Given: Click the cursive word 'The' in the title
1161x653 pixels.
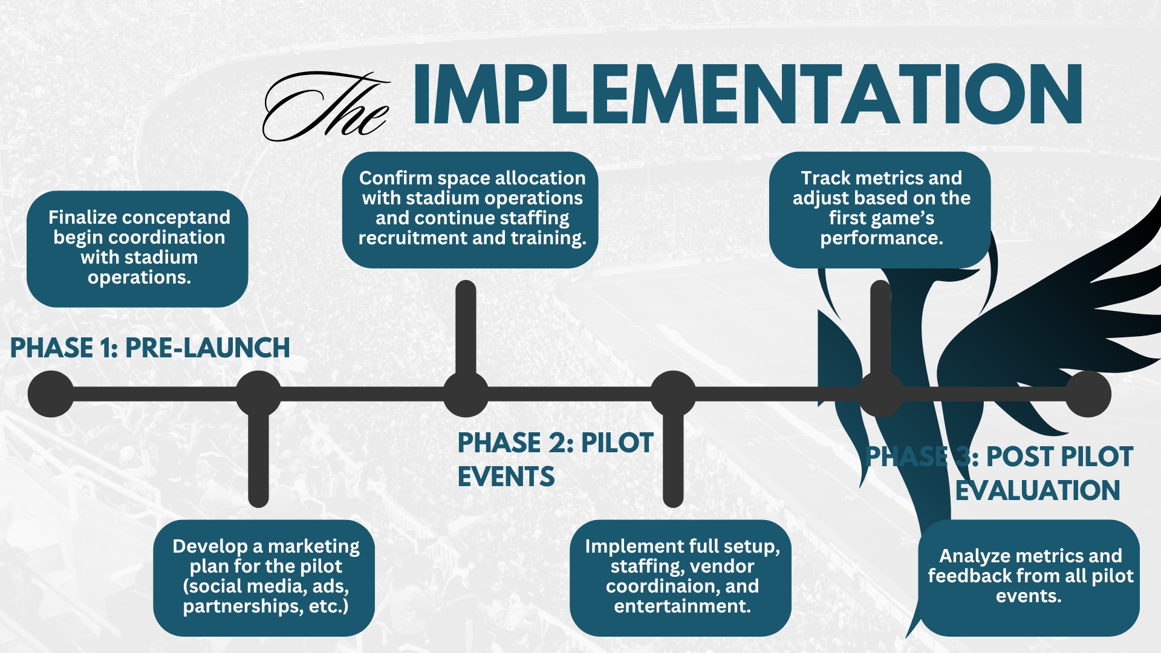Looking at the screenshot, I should (327, 106).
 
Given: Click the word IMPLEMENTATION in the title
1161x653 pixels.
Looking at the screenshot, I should (747, 96).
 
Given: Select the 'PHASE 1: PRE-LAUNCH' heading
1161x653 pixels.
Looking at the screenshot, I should (150, 348).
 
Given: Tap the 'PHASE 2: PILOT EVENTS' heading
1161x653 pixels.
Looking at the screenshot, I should (554, 460).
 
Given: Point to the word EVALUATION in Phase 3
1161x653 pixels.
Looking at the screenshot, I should (1038, 490).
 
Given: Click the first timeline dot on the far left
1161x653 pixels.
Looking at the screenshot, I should (51, 394).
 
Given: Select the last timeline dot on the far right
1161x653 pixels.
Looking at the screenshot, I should (1088, 394).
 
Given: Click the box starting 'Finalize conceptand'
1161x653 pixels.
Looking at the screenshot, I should (137, 249).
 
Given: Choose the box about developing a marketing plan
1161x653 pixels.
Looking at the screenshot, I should (264, 577).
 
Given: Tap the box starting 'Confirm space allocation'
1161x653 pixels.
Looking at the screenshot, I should (470, 209).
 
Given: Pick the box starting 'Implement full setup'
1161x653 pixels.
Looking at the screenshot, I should (680, 577).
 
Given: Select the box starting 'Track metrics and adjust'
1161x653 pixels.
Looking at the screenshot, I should (880, 209).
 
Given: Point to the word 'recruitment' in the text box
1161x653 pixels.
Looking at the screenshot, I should (412, 238).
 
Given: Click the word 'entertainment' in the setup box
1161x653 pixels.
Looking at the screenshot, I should (682, 606).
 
